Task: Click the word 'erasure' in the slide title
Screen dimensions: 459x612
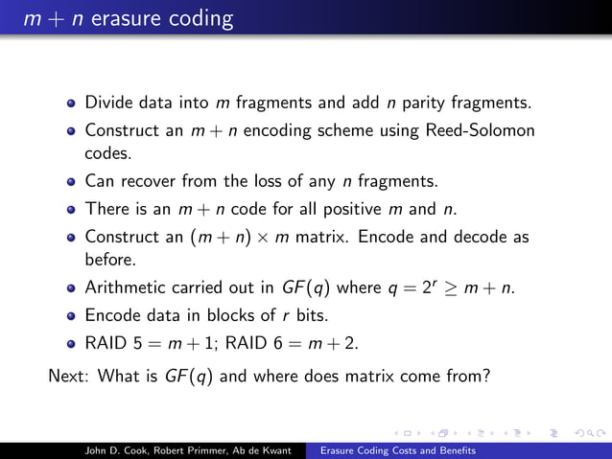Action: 120,17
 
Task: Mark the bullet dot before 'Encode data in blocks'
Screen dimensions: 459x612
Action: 72,314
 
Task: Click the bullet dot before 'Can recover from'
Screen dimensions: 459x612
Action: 72,181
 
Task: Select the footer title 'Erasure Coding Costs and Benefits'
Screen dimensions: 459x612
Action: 398,448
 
